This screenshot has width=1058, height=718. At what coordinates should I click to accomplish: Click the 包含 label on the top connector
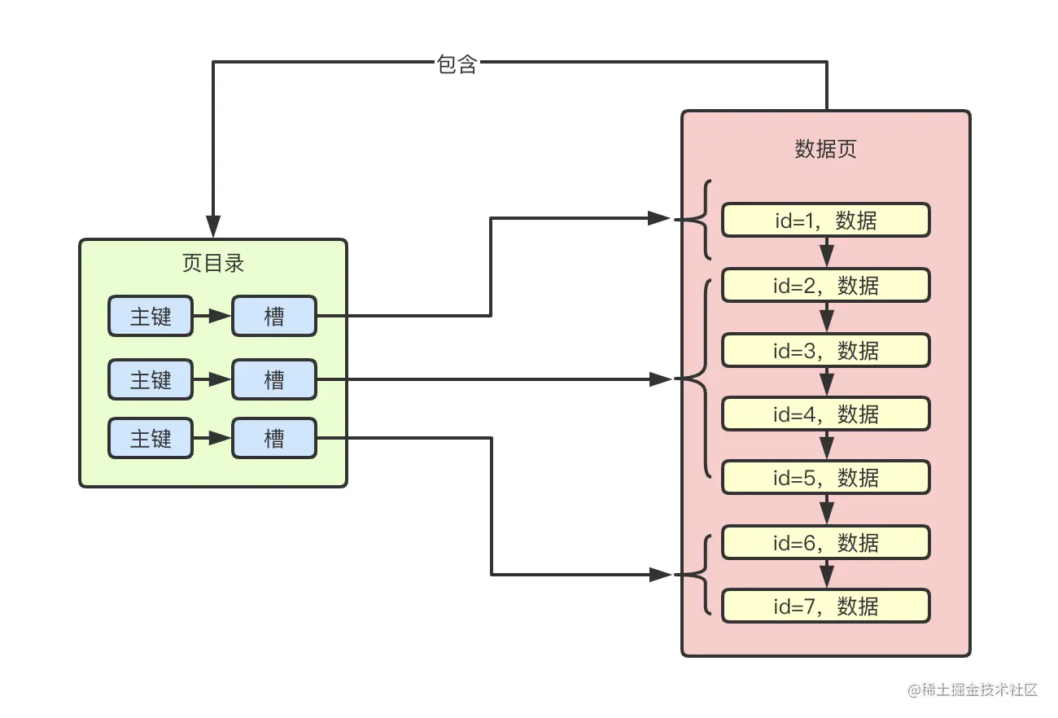(457, 65)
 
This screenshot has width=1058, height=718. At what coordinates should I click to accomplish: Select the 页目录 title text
(213, 264)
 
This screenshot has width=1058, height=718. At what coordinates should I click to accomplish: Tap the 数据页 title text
(825, 149)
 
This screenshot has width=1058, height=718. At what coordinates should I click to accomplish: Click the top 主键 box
(151, 316)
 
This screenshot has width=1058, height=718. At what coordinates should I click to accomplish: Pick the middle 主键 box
(151, 379)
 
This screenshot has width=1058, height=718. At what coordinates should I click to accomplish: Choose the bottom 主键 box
(151, 438)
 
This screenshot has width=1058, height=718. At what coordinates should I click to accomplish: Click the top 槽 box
(273, 316)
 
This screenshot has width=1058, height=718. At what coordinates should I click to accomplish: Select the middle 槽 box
(273, 379)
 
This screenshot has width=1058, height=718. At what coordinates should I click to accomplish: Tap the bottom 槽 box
(273, 438)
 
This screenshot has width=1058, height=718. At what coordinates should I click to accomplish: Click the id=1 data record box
(825, 220)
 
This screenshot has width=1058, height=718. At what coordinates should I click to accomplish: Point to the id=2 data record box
(825, 285)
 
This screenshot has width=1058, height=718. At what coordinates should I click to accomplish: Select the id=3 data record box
(825, 350)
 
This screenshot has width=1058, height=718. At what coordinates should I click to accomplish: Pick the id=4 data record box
(825, 414)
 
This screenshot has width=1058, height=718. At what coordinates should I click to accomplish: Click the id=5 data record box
(825, 477)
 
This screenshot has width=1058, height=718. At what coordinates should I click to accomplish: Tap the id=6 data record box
(825, 542)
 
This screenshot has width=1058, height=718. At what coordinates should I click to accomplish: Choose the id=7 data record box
(825, 606)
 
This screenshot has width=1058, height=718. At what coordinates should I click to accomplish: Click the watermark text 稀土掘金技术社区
(973, 690)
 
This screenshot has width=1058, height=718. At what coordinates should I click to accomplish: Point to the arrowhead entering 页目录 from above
(213, 227)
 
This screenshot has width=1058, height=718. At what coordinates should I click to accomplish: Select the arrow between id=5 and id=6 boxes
(827, 510)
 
